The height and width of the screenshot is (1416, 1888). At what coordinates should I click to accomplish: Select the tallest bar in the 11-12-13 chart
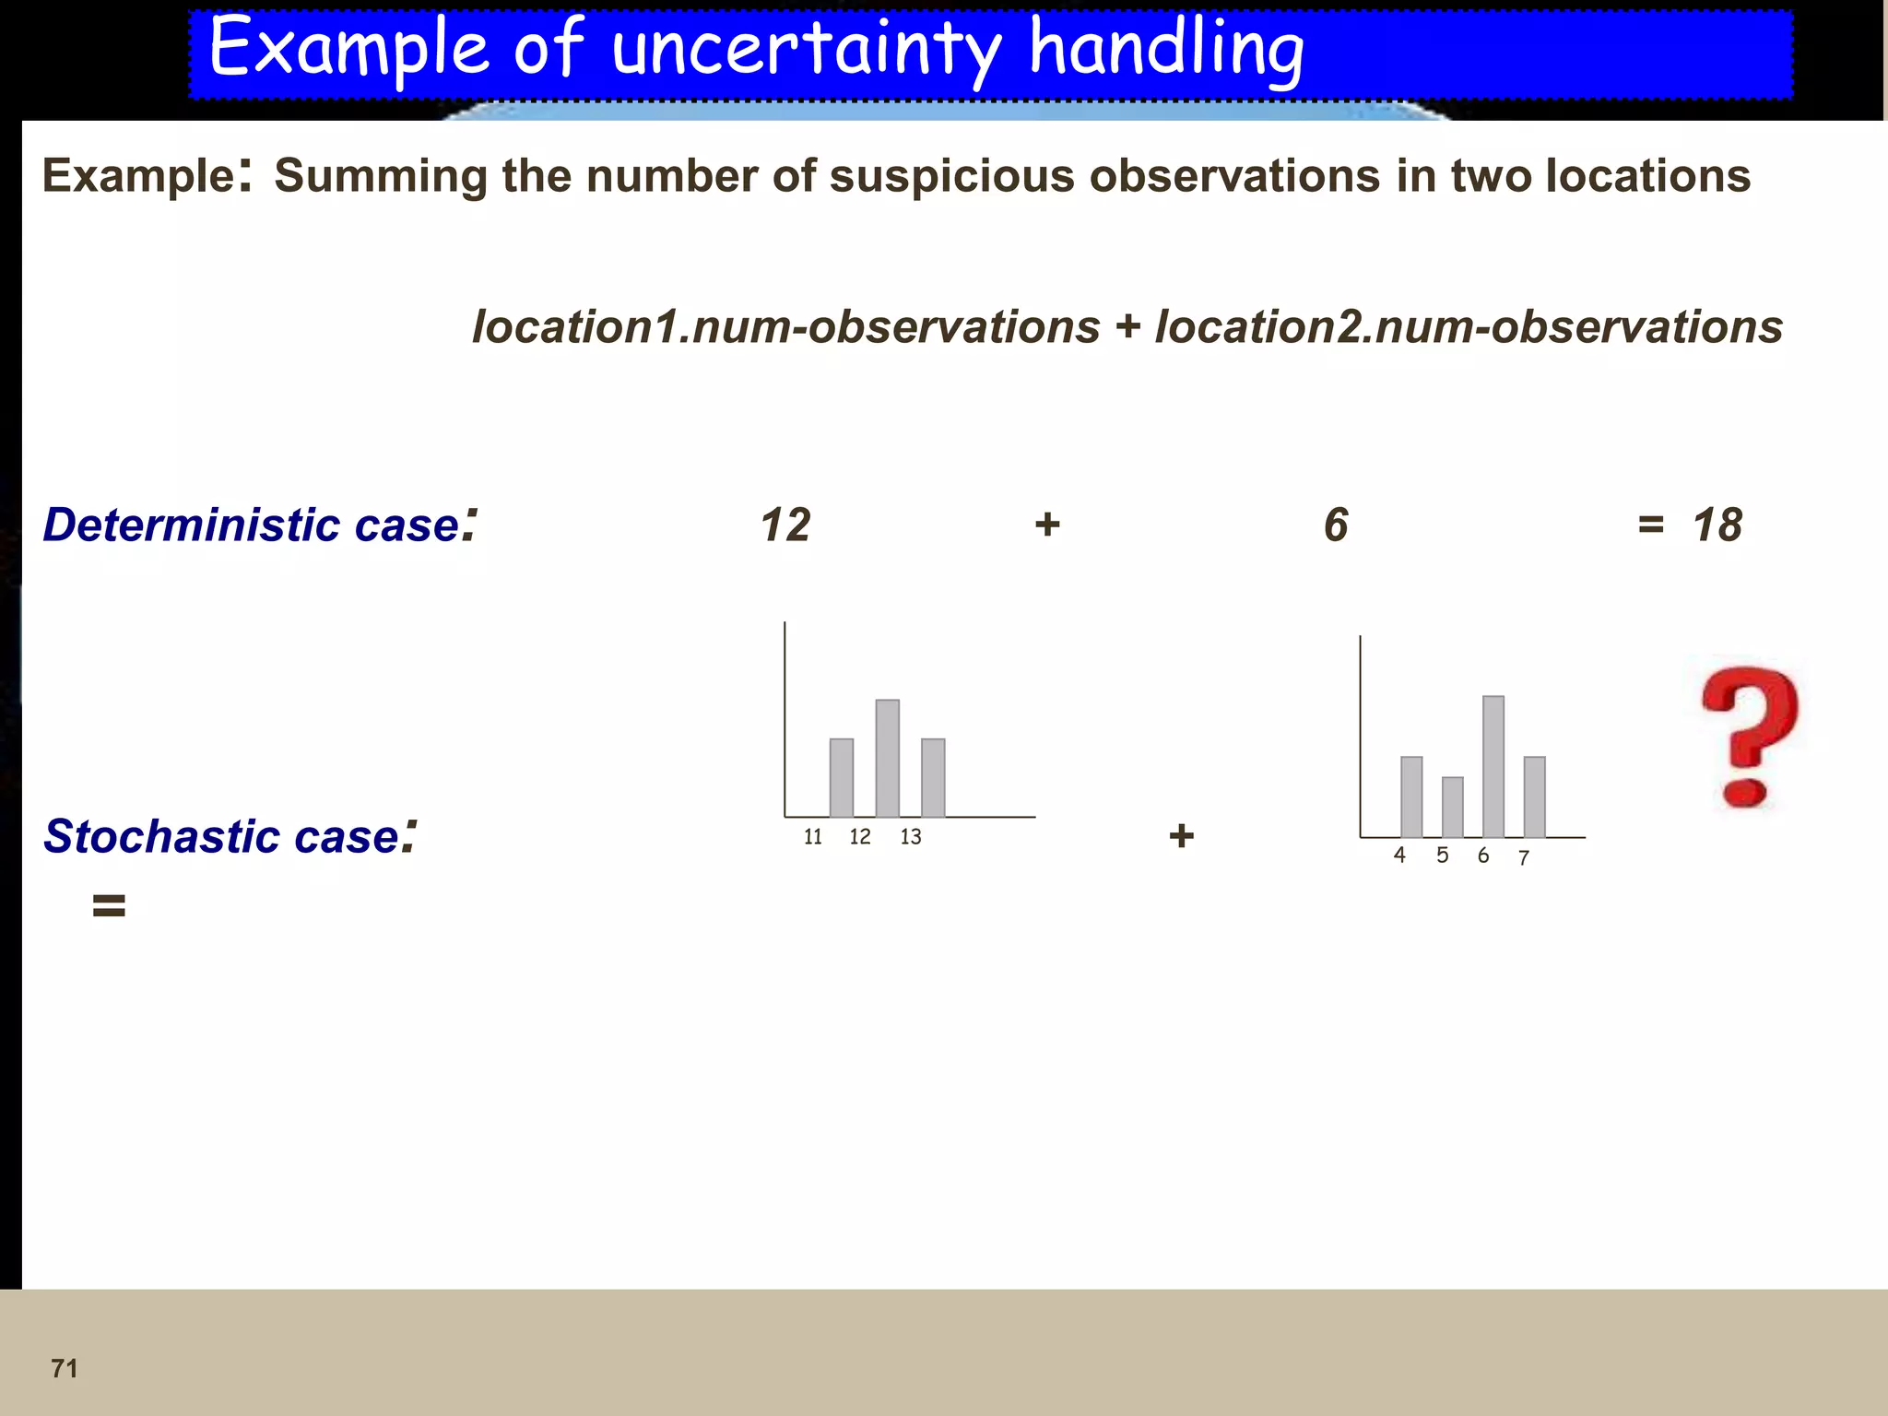click(x=887, y=759)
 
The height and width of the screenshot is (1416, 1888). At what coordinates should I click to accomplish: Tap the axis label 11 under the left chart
click(x=812, y=837)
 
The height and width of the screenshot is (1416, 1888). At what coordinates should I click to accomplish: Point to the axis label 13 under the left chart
click(x=910, y=837)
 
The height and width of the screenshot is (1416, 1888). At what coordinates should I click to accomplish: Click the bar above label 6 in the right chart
click(x=1493, y=767)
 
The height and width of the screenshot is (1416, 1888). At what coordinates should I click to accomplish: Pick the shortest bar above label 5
click(x=1452, y=808)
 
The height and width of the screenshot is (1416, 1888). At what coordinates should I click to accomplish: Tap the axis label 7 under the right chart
click(x=1524, y=858)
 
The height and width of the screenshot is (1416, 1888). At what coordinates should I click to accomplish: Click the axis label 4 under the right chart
click(x=1399, y=855)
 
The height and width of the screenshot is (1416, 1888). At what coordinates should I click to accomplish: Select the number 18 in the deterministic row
click(x=1717, y=525)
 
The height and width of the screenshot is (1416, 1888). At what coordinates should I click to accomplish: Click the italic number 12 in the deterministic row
click(x=785, y=525)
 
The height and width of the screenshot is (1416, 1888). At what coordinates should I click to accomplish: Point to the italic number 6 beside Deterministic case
click(x=1336, y=525)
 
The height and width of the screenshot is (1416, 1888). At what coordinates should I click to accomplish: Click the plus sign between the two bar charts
click(x=1181, y=836)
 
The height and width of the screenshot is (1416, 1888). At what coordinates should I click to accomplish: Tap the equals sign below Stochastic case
click(x=109, y=905)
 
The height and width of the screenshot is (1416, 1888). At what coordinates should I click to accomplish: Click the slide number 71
click(x=65, y=1368)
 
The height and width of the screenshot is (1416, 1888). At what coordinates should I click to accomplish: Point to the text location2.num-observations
click(x=1469, y=327)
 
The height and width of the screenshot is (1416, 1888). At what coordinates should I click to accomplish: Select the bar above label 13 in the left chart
click(x=933, y=778)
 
